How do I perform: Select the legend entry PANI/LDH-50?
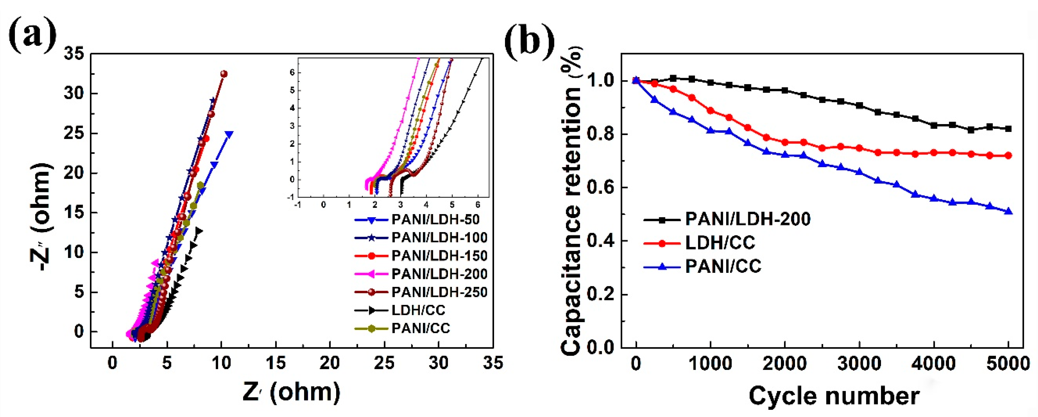point(435,220)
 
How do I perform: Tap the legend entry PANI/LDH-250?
point(439,292)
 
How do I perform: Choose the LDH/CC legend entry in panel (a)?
point(418,310)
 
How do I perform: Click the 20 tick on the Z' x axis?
point(329,363)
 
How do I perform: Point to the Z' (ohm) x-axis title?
point(291,392)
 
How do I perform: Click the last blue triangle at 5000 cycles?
point(1008,211)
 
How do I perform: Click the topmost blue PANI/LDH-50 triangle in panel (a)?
point(230,134)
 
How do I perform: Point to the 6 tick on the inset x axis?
point(477,205)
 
